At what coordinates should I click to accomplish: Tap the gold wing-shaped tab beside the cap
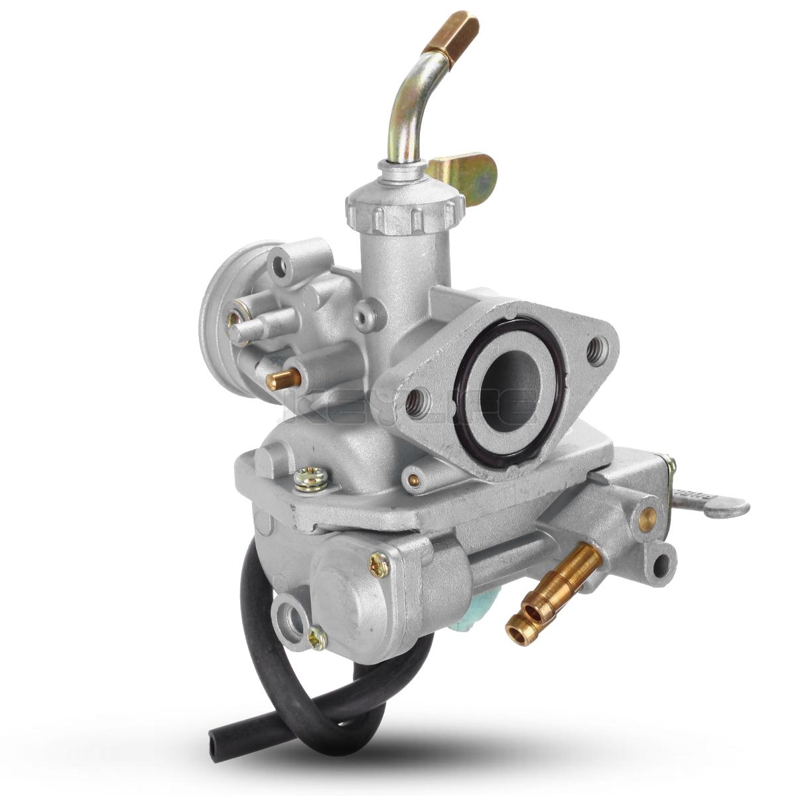[468, 172]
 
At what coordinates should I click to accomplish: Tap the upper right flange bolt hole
[595, 346]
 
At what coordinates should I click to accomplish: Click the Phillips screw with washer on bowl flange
[311, 478]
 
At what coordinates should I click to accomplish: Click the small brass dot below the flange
[414, 480]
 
